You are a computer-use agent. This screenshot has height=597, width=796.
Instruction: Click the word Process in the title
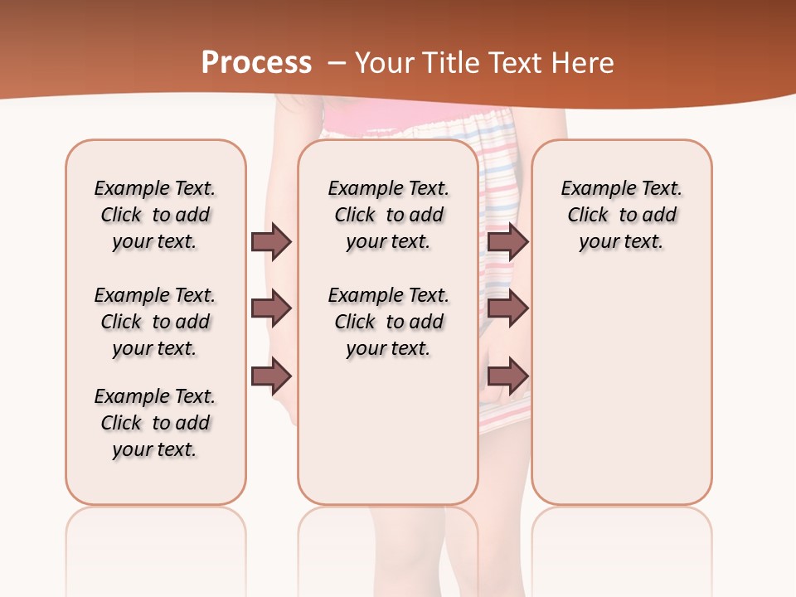coord(256,62)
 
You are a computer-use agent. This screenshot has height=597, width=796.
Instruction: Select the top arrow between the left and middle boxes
coord(271,241)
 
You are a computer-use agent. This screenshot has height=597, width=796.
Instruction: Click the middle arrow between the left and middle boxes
coord(271,309)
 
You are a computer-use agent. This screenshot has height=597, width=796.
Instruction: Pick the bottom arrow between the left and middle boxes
coord(271,376)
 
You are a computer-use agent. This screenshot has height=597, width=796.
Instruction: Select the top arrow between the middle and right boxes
coord(507,241)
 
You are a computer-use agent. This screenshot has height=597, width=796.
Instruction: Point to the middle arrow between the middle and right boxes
coord(507,309)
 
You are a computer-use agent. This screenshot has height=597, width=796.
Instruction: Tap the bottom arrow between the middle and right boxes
coord(507,376)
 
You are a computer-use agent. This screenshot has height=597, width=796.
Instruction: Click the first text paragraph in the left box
coord(155,215)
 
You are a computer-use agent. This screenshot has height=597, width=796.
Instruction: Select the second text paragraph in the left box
coord(155,322)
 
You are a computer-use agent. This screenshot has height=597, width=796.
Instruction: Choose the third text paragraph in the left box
coord(155,423)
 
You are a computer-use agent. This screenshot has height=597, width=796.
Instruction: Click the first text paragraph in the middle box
coord(388,215)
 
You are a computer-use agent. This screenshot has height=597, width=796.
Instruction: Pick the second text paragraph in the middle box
coord(388,322)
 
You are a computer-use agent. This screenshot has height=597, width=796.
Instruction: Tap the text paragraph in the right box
coord(622,215)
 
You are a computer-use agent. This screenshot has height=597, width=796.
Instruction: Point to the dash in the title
coord(337,62)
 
